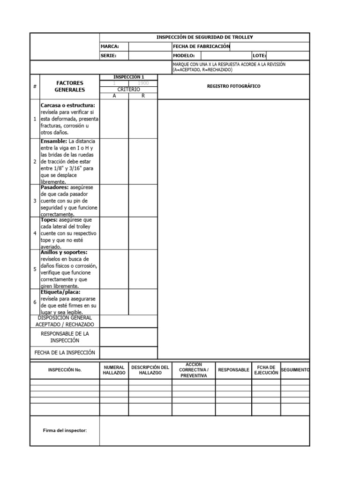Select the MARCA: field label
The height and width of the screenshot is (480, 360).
tap(110, 46)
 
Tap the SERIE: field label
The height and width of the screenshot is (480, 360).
tap(108, 55)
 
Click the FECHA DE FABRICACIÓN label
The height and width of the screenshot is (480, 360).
tap(201, 46)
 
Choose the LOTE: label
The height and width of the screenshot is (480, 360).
tap(259, 55)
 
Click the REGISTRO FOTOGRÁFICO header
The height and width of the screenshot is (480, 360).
tap(233, 86)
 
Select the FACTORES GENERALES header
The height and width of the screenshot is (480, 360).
tap(69, 86)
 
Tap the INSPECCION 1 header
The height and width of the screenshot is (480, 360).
tap(128, 77)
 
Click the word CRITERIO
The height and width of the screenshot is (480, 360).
tap(128, 89)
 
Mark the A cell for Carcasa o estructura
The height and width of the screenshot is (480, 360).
tap(114, 119)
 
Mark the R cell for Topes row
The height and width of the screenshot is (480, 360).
tap(143, 233)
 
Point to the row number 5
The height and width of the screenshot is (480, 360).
tap(35, 269)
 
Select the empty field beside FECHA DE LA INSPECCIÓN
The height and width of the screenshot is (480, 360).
tap(128, 352)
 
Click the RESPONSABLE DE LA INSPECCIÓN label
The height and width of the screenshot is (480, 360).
tap(65, 337)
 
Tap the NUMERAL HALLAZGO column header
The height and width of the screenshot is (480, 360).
tap(114, 370)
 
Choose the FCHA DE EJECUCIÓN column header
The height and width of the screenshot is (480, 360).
tap(266, 370)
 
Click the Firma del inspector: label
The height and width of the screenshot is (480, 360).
tap(65, 430)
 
